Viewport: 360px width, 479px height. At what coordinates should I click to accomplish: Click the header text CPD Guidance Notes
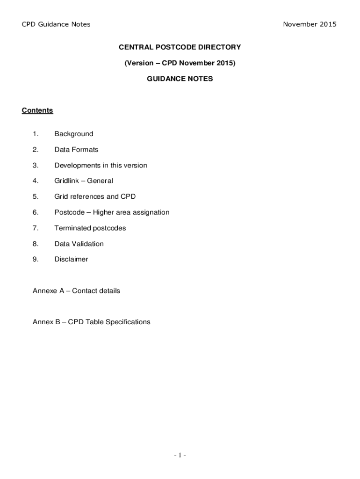[x=56, y=24]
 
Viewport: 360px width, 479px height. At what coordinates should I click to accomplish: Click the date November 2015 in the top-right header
[x=310, y=24]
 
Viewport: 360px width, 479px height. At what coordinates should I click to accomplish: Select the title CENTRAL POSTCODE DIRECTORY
[x=180, y=47]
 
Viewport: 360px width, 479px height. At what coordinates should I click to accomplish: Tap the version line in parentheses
[x=180, y=63]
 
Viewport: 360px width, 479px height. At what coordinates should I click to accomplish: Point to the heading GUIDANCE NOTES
[x=180, y=79]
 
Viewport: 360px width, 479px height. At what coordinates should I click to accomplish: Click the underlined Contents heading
[x=37, y=110]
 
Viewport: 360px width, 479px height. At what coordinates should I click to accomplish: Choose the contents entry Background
[x=74, y=134]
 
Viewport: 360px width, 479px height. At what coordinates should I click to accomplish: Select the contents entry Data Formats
[x=76, y=150]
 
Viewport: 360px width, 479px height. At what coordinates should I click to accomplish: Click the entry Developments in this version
[x=101, y=166]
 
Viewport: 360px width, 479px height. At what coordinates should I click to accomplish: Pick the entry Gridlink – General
[x=84, y=181]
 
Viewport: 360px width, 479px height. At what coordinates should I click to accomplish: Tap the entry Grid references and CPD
[x=95, y=197]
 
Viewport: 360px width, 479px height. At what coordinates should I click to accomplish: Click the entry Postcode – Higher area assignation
[x=112, y=212]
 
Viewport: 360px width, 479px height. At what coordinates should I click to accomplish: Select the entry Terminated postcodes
[x=90, y=228]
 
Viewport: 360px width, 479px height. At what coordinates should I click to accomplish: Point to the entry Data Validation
[x=79, y=244]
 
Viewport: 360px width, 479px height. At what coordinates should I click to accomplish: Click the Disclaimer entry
[x=71, y=259]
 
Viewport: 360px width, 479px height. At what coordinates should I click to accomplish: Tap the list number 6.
[x=36, y=212]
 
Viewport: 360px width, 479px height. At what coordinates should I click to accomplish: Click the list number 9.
[x=36, y=259]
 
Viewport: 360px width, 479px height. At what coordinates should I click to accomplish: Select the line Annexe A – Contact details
[x=76, y=291]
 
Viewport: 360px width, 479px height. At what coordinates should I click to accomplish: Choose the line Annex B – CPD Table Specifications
[x=92, y=322]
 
